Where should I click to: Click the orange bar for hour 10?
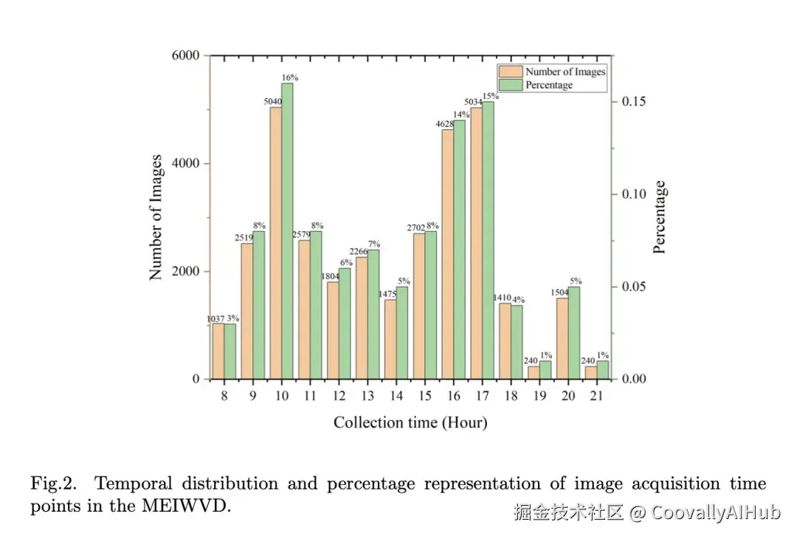(275, 244)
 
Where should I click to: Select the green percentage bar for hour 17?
(487, 240)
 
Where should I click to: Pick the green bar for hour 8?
(230, 351)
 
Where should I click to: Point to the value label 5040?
(274, 101)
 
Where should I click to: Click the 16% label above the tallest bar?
(289, 77)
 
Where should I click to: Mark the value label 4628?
(445, 123)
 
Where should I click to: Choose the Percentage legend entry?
(548, 85)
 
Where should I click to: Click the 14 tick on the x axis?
(396, 396)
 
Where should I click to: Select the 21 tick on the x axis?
(596, 396)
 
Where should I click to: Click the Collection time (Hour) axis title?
(410, 422)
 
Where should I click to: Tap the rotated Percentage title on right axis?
(660, 217)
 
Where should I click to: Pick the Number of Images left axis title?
(156, 217)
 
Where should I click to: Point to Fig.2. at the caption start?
(55, 484)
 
